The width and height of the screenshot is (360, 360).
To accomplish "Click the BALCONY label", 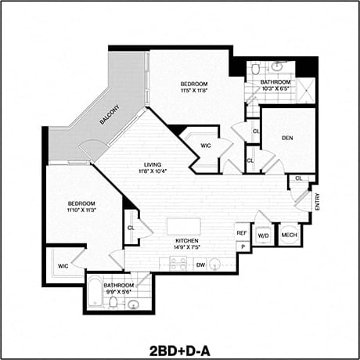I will click(x=110, y=117).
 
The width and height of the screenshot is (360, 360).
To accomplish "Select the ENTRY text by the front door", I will click(x=318, y=201).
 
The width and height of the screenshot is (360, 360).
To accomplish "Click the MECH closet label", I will click(x=289, y=235).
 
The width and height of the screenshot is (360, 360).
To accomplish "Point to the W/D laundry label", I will click(x=264, y=235).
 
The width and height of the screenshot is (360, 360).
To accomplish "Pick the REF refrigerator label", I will click(x=242, y=233).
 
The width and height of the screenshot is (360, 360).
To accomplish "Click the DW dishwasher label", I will click(x=200, y=265).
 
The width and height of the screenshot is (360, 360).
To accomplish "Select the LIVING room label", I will click(x=152, y=164).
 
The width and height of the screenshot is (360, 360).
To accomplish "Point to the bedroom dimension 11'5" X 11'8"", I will click(x=194, y=91).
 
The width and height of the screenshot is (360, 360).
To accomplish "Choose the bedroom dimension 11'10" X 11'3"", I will click(x=81, y=210).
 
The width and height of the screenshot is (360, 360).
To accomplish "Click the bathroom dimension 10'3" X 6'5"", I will click(x=275, y=89).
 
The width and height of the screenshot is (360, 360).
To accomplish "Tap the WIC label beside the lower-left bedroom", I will click(x=63, y=266).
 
